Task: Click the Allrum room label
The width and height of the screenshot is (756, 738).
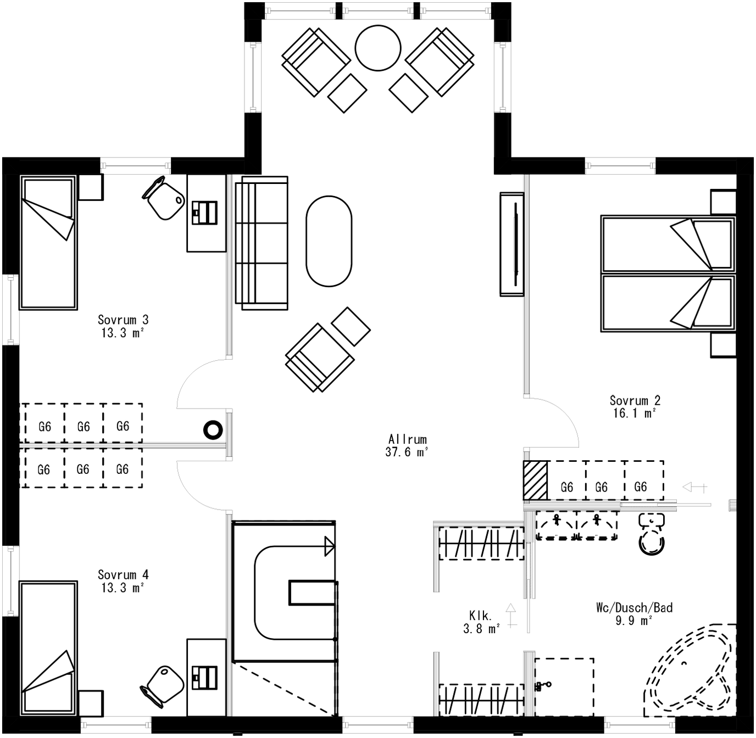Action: (x=407, y=439)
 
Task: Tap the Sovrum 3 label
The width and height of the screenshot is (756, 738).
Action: (x=123, y=320)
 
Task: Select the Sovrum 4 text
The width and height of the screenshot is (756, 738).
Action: (x=123, y=575)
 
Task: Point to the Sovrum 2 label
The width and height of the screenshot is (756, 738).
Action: (x=635, y=400)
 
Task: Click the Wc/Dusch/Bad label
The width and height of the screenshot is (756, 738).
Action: (x=634, y=607)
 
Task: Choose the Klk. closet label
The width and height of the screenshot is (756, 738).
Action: (x=480, y=616)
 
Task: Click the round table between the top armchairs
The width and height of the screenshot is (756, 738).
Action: (x=378, y=48)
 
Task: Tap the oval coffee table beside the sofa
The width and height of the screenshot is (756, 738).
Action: (x=329, y=241)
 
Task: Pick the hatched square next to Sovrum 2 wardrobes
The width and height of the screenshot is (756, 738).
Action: (x=535, y=480)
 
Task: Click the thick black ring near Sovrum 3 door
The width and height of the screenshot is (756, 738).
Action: (x=213, y=430)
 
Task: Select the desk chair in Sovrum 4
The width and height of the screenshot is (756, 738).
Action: (x=164, y=685)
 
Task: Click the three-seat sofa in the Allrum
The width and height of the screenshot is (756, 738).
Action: (x=262, y=242)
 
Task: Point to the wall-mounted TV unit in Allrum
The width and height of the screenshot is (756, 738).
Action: (x=512, y=244)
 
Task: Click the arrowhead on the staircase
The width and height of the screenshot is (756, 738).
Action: (x=330, y=546)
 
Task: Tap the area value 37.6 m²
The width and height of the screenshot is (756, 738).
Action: (x=407, y=452)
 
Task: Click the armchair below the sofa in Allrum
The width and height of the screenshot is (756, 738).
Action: (x=319, y=357)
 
